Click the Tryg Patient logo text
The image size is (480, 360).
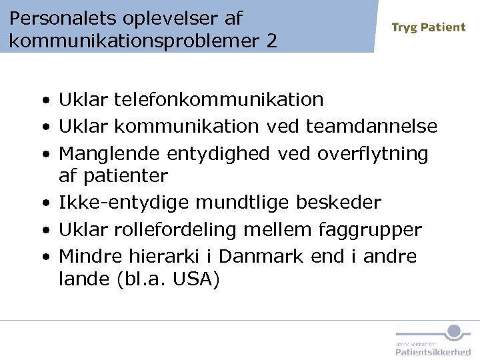(429, 27)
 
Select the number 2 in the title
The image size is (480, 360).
(271, 41)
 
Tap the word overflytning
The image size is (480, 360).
(373, 153)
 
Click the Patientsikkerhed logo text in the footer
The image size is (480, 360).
(433, 351)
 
